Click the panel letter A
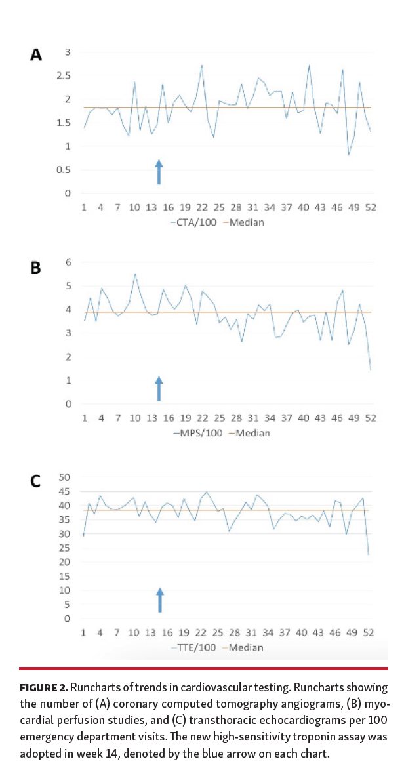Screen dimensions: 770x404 point(37,55)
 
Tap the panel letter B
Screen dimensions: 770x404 point(37,268)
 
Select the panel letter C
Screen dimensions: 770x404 point(37,481)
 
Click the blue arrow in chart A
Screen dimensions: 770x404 point(158,172)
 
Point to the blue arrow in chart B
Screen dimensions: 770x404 point(158,388)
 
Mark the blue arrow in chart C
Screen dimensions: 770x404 point(159,600)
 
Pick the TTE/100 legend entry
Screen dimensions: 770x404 point(194,647)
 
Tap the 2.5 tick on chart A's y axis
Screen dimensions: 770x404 point(64,76)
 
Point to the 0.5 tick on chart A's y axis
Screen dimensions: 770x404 point(64,170)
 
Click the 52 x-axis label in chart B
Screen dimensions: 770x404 point(370,418)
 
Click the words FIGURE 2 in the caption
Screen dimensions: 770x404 point(43,688)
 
